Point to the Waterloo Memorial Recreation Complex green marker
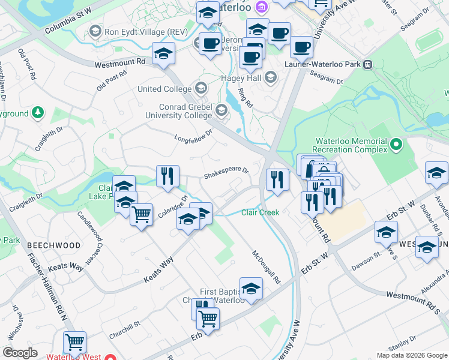coord(396,145)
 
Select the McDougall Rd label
coord(267,267)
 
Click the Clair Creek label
coord(261,212)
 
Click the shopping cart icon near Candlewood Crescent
coord(141,213)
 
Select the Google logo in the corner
coord(20,353)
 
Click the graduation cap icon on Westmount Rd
coord(163,53)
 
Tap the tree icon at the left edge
coord(37,112)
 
